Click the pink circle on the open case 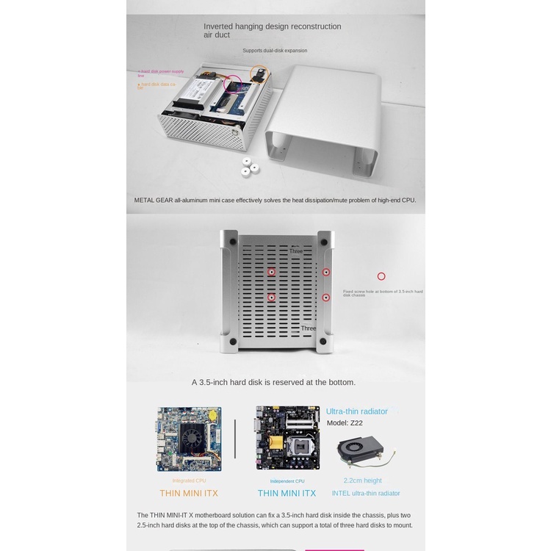[234, 83]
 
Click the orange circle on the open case [258, 73]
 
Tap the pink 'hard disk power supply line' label [161, 73]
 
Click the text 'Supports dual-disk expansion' [275, 51]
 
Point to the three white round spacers [248, 168]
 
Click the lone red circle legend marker [381, 276]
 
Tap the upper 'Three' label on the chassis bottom [295, 251]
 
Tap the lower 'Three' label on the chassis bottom [308, 328]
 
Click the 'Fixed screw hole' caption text [382, 293]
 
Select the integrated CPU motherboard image [189, 439]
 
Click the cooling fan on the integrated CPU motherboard [192, 439]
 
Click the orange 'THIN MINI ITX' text [189, 493]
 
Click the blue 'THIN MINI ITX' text [287, 493]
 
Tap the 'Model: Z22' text [345, 423]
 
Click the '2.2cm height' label [363, 480]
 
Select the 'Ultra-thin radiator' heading [357, 411]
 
